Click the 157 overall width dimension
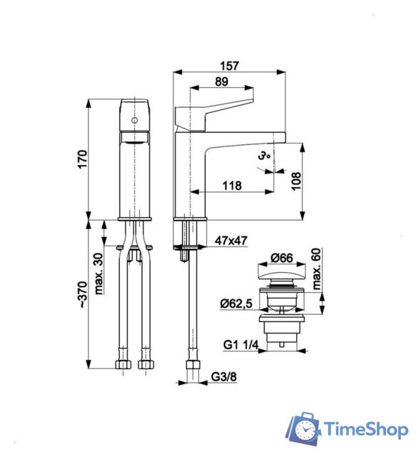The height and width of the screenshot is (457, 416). point(230,65)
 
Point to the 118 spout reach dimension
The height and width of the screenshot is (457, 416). point(231,186)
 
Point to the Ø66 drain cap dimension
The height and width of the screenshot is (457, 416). point(283,258)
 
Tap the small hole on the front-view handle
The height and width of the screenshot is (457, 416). point(133,121)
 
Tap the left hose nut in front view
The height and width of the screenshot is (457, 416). point(121,364)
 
